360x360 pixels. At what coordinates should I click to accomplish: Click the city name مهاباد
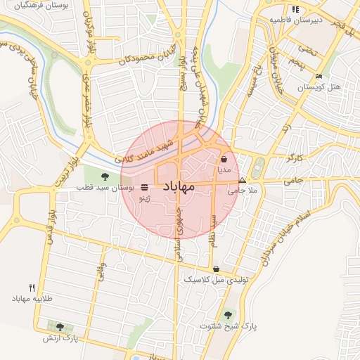click(179, 187)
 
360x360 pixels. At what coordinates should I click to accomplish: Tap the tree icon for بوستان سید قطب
click(105, 176)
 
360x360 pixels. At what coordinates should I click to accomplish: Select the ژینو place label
click(144, 199)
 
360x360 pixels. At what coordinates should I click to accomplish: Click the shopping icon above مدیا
click(224, 160)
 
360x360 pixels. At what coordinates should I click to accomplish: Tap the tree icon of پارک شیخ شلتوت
click(226, 316)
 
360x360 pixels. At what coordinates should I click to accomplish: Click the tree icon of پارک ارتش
click(60, 327)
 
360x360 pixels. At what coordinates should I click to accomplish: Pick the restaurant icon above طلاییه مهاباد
click(32, 288)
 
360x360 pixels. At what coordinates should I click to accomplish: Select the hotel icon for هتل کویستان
click(319, 77)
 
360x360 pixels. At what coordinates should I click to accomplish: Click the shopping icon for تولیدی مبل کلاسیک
click(215, 269)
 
